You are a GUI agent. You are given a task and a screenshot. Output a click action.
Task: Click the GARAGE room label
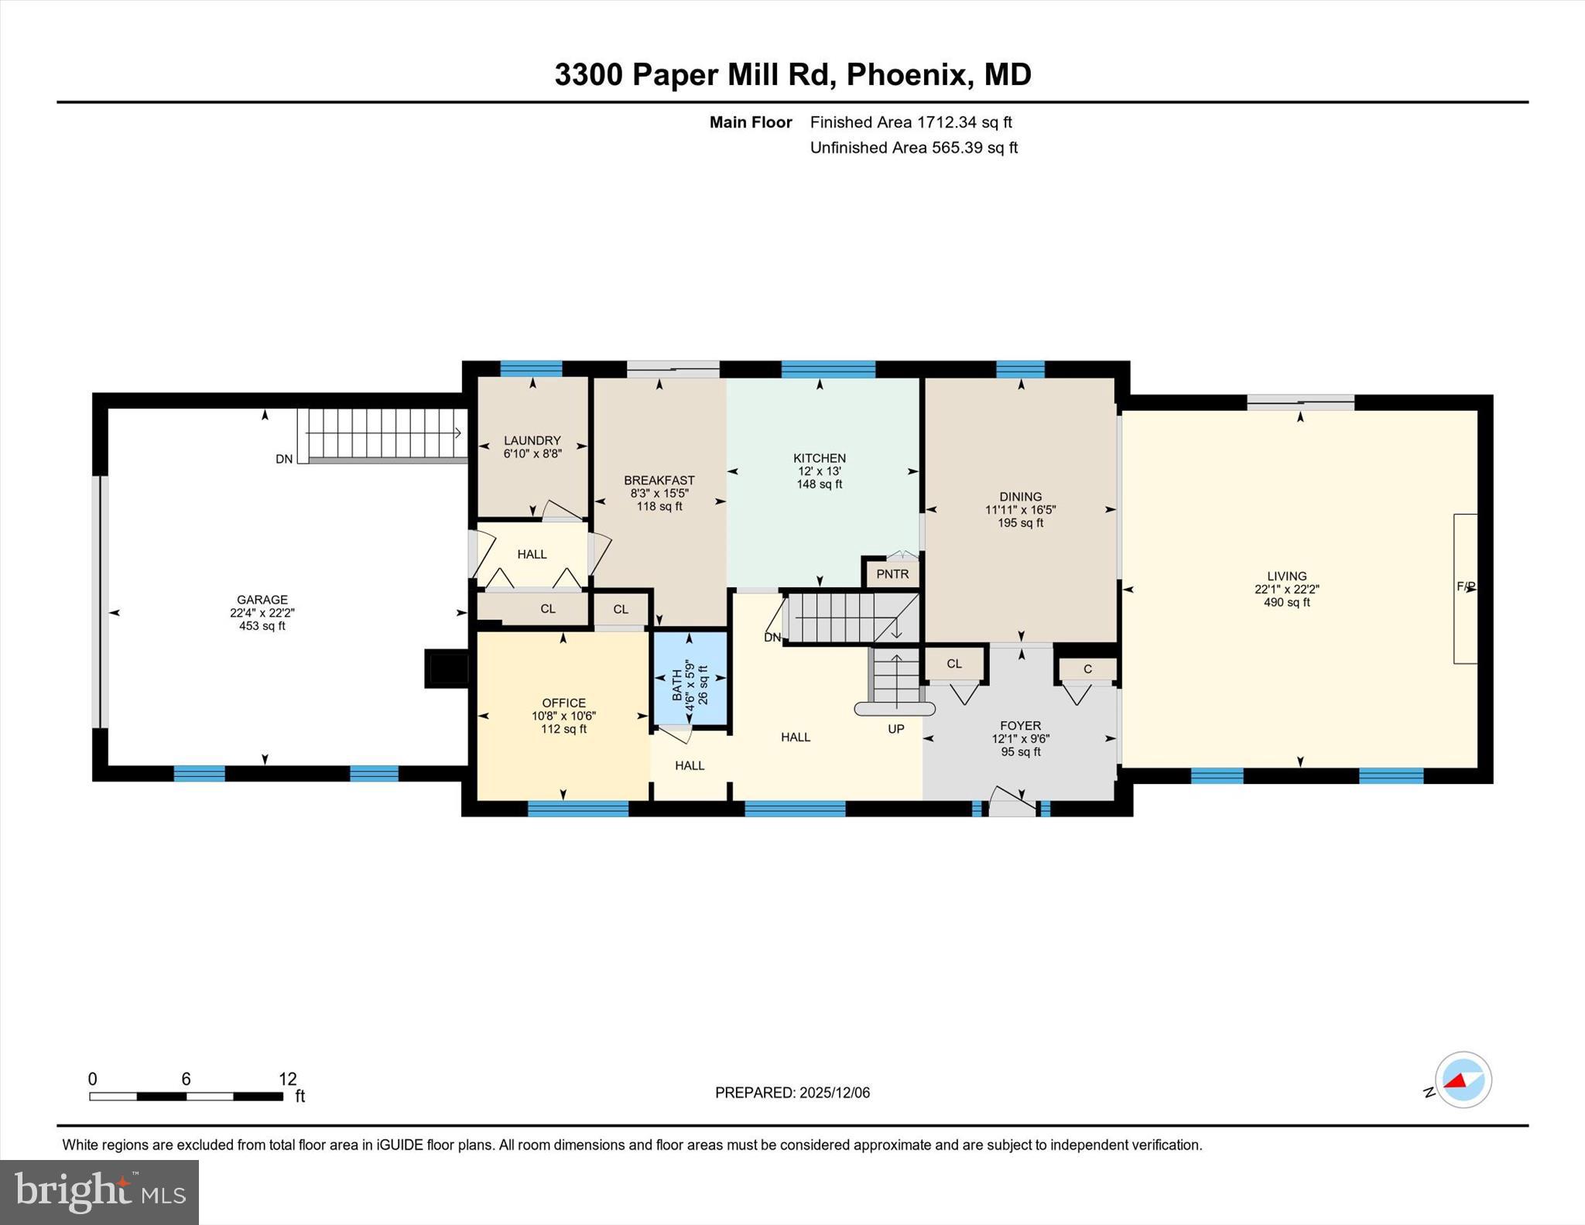coord(262,600)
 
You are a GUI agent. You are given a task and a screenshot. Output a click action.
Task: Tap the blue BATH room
coord(690,679)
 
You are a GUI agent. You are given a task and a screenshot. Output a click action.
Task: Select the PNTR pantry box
coord(892,574)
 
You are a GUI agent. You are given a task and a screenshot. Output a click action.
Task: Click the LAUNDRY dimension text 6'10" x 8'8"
coord(532,454)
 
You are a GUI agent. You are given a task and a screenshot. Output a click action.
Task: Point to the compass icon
coord(1463,1080)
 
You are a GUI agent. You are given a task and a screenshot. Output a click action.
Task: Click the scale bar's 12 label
coord(287,1079)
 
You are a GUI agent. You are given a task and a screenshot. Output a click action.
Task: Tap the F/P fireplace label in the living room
coord(1466,587)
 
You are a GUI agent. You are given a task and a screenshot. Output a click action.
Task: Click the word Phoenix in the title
coord(906,75)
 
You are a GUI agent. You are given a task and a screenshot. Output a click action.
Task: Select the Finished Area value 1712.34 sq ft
coord(964,122)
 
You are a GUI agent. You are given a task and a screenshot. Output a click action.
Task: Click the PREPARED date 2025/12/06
coord(834,1093)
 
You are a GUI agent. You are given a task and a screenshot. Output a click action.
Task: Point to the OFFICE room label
coord(563,703)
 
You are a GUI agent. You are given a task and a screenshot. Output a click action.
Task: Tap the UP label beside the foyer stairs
coord(895,729)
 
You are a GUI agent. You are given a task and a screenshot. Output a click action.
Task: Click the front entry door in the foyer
coord(1012,802)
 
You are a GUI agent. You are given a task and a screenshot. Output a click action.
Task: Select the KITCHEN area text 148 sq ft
coord(819,484)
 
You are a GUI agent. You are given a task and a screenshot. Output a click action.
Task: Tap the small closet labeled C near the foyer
coord(1087,669)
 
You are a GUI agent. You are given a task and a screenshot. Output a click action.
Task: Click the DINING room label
coord(1020,497)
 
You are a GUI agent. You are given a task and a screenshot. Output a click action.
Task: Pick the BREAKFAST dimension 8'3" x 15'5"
coord(659,493)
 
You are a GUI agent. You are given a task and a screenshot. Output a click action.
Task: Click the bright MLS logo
coord(99,1192)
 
